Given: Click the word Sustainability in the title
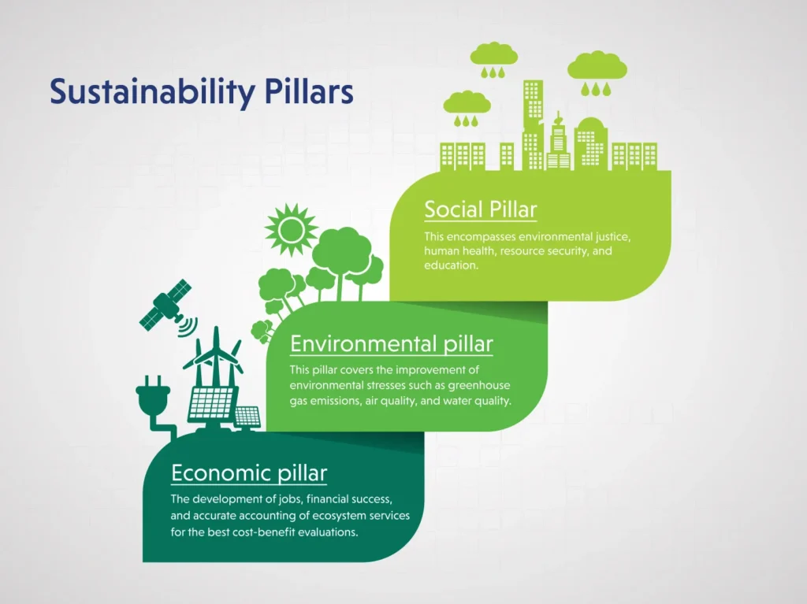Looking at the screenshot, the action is coord(152,92).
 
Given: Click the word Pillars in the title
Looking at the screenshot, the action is coord(309,91).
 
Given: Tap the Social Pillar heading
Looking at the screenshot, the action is coord(480,209).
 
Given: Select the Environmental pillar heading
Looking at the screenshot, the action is coord(391,343).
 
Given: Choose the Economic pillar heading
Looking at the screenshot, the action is coord(249,472).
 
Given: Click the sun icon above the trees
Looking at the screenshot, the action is coord(292,229).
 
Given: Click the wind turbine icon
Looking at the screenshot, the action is coord(215,356).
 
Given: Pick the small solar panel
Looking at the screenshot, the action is coord(247,417).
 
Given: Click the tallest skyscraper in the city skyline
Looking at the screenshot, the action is coord(534,124).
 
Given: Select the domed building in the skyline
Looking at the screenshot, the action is coord(591,143).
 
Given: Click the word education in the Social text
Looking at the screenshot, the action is coord(451,265).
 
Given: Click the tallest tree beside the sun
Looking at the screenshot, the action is coord(342,262).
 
